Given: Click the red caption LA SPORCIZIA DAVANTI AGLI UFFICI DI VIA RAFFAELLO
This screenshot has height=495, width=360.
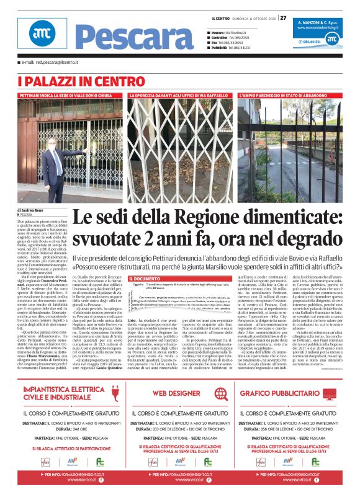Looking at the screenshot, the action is [179, 96].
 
